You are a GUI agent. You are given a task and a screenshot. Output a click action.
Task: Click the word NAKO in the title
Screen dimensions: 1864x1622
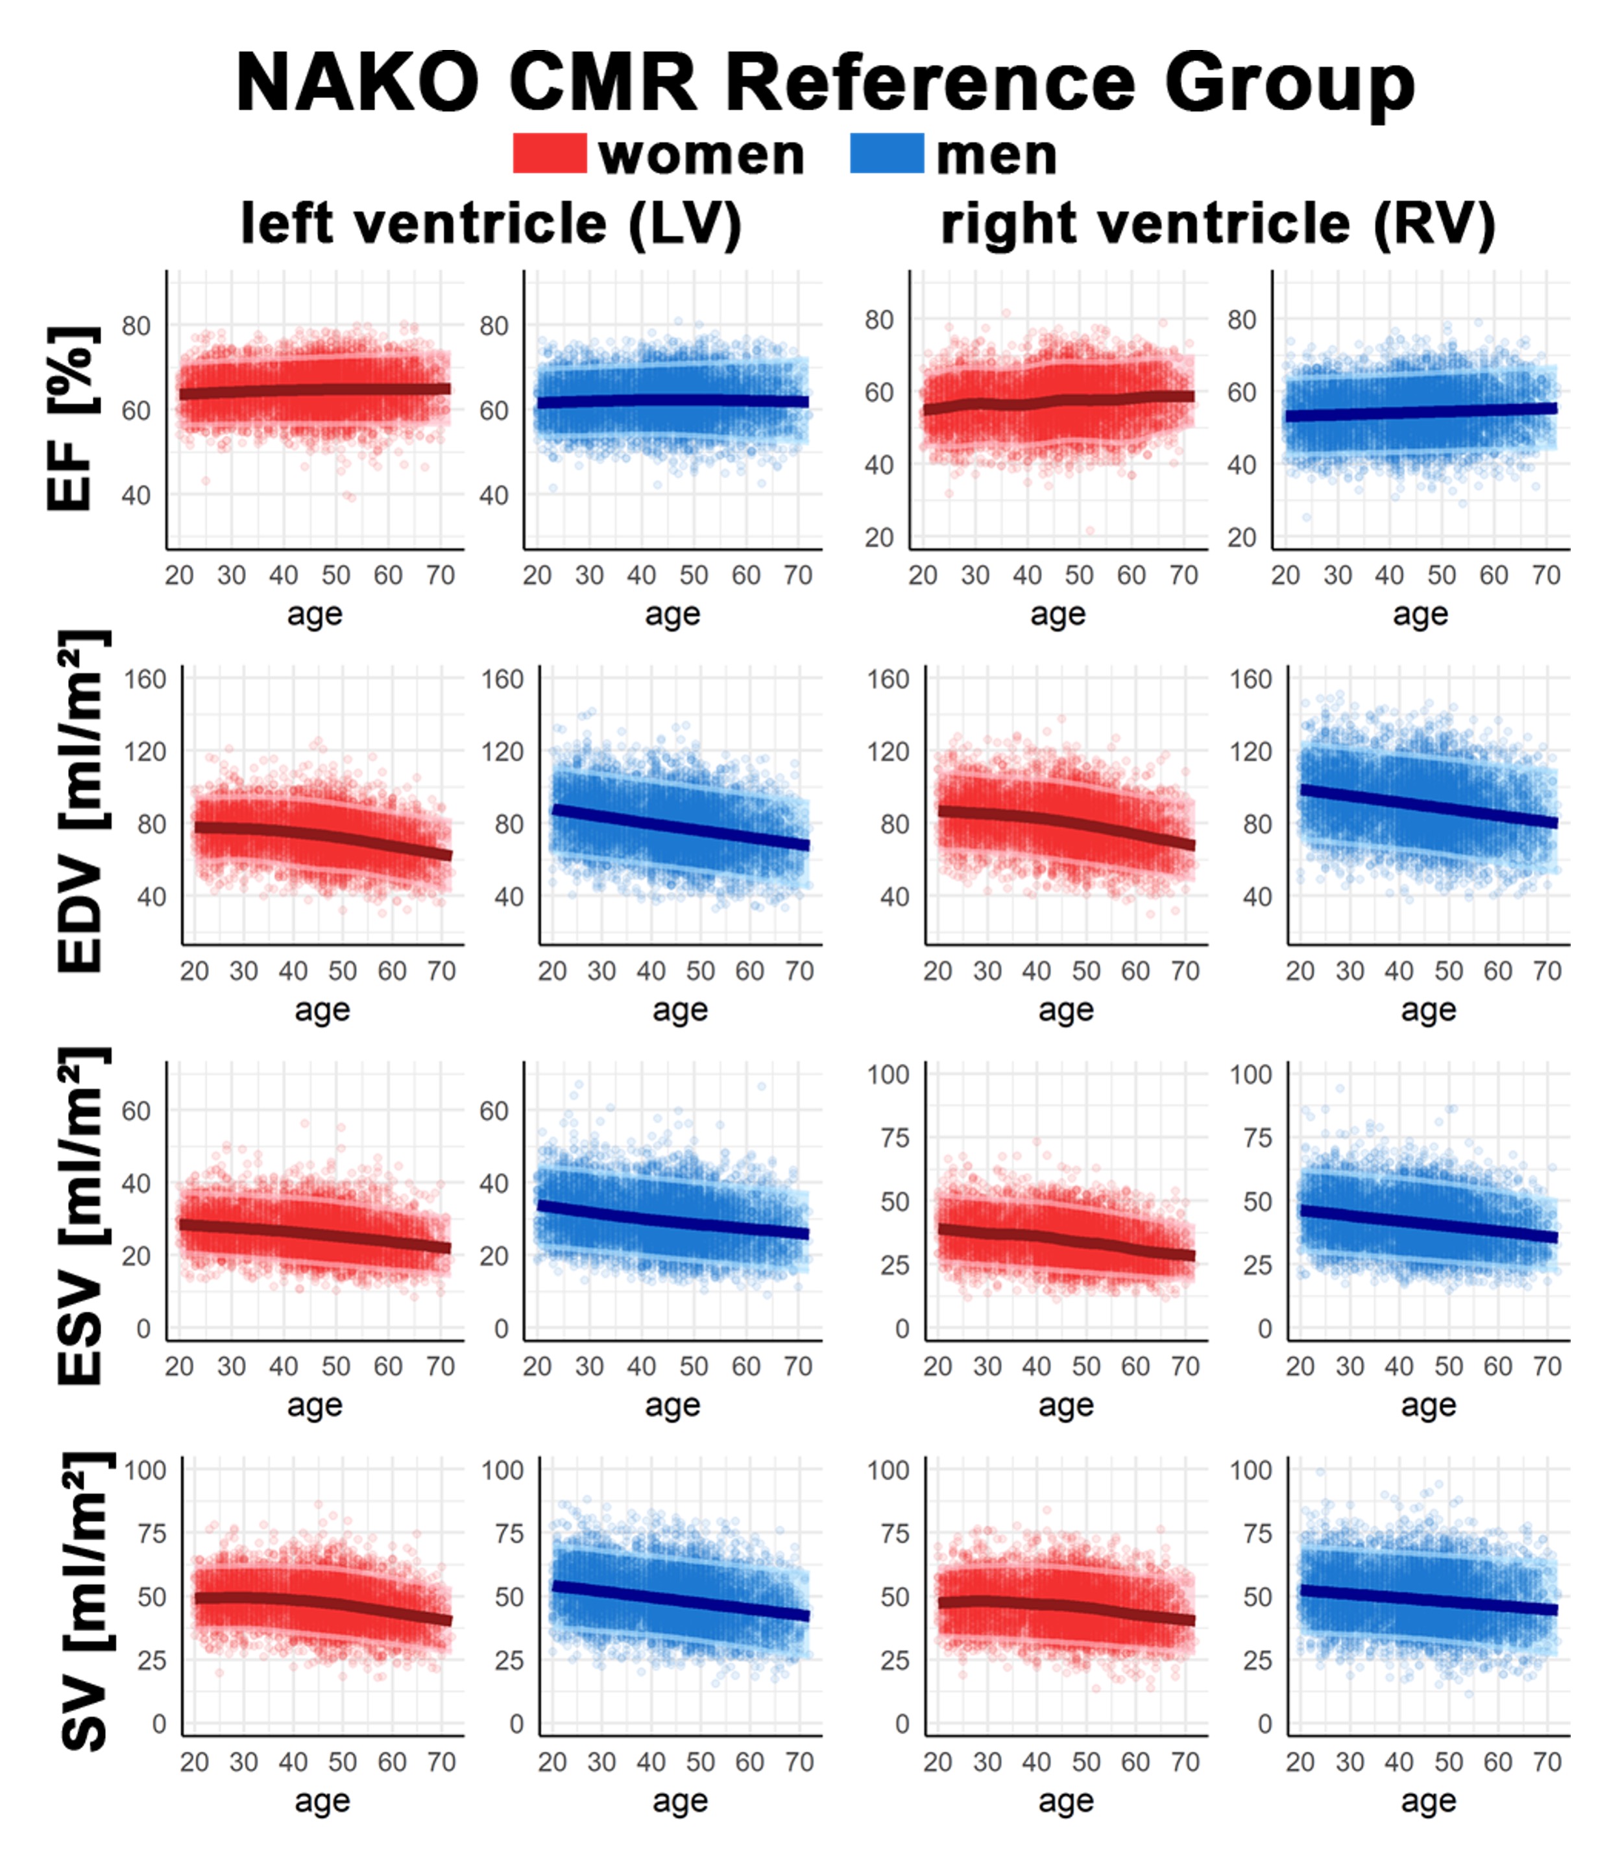click(357, 83)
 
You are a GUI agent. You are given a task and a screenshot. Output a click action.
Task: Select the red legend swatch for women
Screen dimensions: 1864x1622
click(550, 153)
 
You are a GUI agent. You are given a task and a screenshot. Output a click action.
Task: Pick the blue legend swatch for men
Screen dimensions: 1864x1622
click(887, 153)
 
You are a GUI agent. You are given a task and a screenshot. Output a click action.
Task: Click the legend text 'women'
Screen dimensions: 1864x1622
click(701, 156)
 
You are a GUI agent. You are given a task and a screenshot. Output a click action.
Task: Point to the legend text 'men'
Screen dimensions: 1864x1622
click(997, 156)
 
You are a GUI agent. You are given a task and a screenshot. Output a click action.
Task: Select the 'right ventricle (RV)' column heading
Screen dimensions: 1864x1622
click(1217, 224)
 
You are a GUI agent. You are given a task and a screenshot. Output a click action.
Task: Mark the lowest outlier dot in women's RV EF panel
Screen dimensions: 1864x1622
click(1090, 531)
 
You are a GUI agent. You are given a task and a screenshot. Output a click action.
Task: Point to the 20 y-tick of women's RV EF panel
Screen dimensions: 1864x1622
click(879, 538)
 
